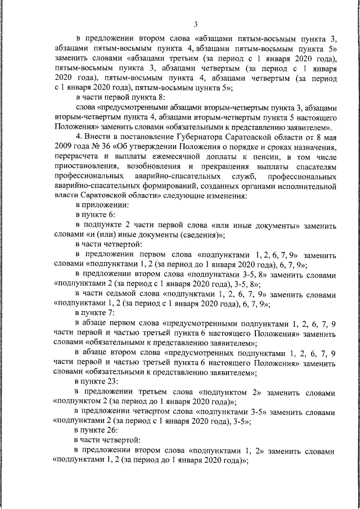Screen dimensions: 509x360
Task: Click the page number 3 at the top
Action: pyautogui.click(x=195, y=24)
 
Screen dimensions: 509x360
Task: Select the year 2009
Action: pyautogui.click(x=63, y=147)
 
